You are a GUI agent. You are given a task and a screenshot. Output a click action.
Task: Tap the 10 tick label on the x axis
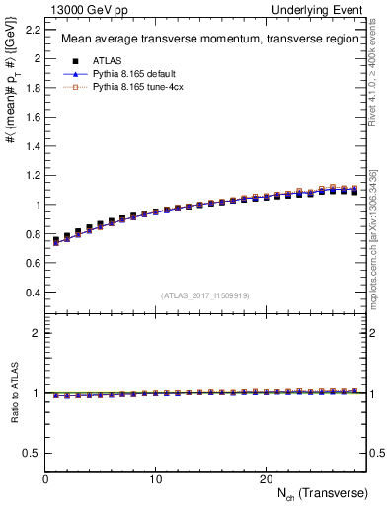[156, 479]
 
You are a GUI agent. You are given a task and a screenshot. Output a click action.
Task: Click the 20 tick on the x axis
[266, 479]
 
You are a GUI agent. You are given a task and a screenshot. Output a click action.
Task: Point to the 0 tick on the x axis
[45, 479]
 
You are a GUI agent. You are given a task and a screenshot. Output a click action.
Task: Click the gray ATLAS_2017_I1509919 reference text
[205, 295]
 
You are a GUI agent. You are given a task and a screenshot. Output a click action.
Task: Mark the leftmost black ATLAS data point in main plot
[56, 240]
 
